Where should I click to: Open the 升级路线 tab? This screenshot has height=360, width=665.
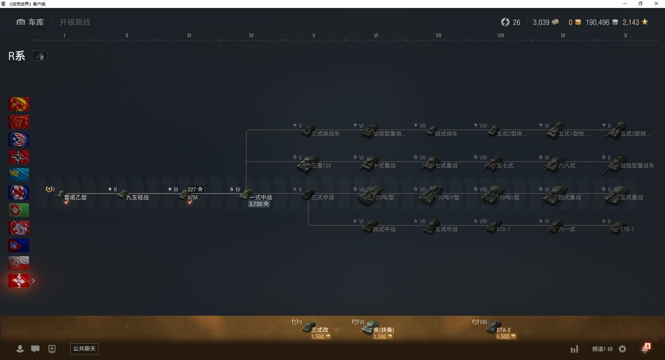(x=75, y=22)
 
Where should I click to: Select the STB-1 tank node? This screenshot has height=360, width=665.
(x=622, y=228)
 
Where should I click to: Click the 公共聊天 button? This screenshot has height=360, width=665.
(x=84, y=349)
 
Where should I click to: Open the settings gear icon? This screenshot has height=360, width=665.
(x=622, y=349)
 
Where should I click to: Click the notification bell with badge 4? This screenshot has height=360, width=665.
(x=645, y=349)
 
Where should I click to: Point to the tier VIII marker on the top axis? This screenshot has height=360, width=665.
(x=500, y=35)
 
